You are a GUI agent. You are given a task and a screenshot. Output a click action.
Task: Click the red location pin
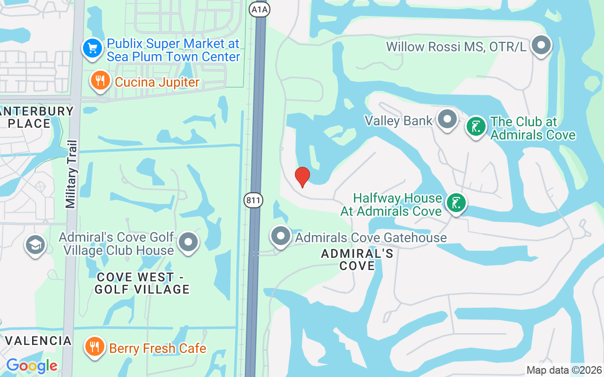click(x=302, y=177)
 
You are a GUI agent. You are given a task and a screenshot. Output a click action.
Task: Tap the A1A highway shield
click(x=260, y=9)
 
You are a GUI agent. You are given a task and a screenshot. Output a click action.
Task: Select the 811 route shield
click(x=253, y=200)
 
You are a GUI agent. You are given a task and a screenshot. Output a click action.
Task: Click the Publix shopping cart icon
click(x=92, y=48)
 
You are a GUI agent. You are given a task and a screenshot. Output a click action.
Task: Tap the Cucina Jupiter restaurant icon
click(x=100, y=81)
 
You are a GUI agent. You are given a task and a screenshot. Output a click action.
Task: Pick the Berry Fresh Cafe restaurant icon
click(x=94, y=347)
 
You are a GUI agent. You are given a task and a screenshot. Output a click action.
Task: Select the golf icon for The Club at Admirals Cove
click(x=476, y=127)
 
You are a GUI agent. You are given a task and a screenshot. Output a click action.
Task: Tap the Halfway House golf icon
click(x=456, y=203)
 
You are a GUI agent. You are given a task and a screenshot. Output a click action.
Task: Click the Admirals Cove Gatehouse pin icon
click(x=281, y=236)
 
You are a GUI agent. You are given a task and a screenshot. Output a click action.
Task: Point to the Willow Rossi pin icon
click(x=541, y=46)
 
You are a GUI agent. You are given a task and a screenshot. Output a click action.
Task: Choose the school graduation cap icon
click(x=35, y=245)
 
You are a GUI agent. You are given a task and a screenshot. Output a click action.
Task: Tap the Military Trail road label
click(x=71, y=174)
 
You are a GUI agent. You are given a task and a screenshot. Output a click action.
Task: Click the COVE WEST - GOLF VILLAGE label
click(x=142, y=283)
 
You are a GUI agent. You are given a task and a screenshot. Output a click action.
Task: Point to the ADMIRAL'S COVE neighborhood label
click(x=357, y=260)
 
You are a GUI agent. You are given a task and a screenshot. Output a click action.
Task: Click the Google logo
click(x=32, y=366)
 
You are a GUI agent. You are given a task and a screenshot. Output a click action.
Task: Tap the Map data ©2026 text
click(x=564, y=370)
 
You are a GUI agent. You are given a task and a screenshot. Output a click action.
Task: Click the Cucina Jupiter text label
click(x=157, y=82)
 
